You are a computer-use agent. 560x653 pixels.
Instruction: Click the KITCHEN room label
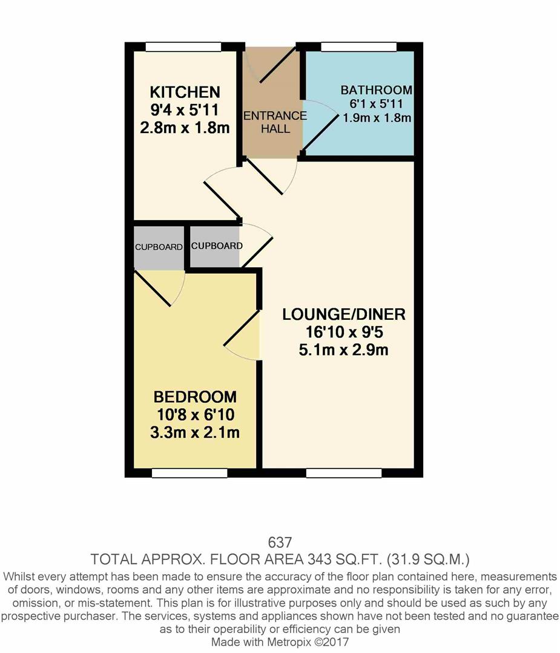point(185,93)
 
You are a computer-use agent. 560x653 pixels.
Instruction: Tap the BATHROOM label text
point(376,90)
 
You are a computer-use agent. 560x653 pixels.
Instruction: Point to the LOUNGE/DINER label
point(343,314)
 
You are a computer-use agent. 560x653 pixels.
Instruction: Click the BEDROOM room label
point(194,397)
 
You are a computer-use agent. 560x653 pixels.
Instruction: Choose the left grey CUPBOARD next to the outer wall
point(159,247)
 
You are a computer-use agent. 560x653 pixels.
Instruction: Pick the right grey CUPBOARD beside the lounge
point(216,246)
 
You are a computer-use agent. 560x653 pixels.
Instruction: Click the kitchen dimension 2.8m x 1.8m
point(185,128)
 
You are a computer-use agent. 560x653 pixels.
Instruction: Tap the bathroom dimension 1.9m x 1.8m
point(377,118)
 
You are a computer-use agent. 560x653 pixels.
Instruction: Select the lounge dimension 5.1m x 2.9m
point(343,349)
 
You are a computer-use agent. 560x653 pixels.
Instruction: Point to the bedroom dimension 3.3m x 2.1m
point(194,433)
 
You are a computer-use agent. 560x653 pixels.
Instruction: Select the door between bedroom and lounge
point(243,336)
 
